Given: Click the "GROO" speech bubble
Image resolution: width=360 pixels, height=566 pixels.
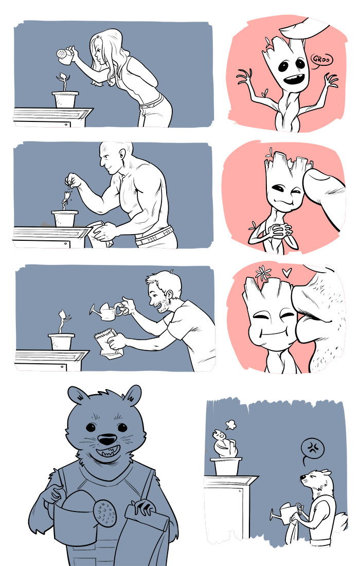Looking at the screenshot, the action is pos(321,60).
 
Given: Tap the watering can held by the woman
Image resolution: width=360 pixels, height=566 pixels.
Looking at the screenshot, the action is pos(65,56).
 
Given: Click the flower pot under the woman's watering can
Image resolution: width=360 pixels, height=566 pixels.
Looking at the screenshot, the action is pos(65,99).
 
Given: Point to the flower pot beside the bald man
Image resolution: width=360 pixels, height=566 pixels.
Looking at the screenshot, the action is pos(65,218).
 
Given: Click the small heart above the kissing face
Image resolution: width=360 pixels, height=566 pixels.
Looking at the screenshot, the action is pos(287,272).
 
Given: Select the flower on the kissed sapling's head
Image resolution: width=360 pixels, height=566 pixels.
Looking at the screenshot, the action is pos(263,273).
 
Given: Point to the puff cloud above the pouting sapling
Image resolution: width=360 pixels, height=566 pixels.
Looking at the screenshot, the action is pos(230,425).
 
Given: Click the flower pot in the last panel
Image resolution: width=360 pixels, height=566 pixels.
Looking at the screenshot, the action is pos(226,467).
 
